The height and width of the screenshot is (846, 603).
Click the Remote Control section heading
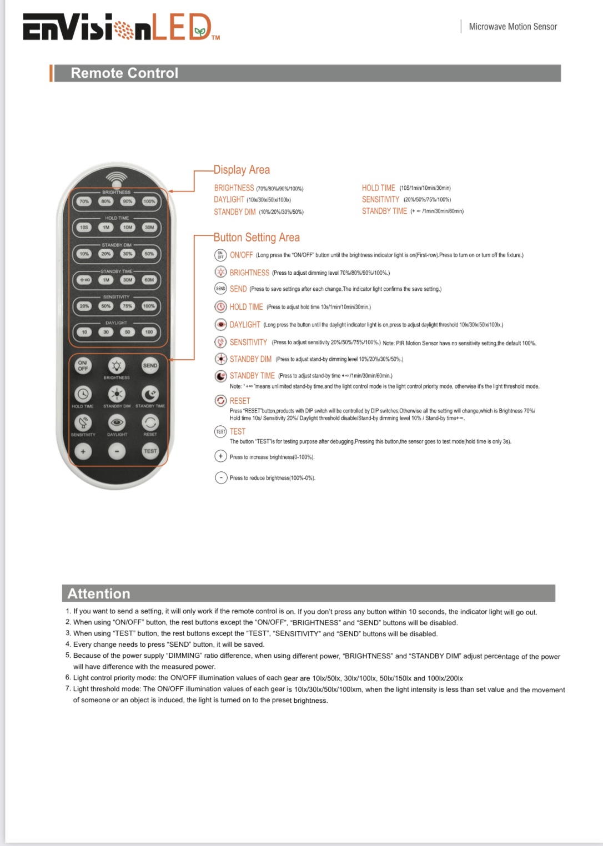point(124,73)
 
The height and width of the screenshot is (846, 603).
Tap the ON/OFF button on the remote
point(83,365)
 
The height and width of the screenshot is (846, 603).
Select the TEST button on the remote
point(150,451)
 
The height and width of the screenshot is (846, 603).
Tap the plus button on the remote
point(83,451)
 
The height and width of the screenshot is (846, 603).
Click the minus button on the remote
point(117,451)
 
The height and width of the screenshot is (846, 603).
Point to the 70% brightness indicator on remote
point(84,202)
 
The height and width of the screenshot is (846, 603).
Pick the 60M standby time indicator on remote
point(149,280)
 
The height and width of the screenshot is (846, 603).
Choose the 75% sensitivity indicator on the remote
point(128,306)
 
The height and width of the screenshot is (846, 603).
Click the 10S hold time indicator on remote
point(84,227)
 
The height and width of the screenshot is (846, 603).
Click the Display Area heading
point(242,170)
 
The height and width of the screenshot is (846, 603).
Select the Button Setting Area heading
point(257,238)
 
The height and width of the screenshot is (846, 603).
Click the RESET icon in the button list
point(221,401)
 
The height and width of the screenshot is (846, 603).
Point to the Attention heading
point(99,593)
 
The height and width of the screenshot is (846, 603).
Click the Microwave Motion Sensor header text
point(512,27)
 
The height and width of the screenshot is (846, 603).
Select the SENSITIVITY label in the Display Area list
point(380,199)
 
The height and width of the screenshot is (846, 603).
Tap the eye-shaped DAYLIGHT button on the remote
point(117,422)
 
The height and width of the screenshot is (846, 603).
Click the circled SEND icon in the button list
point(221,289)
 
